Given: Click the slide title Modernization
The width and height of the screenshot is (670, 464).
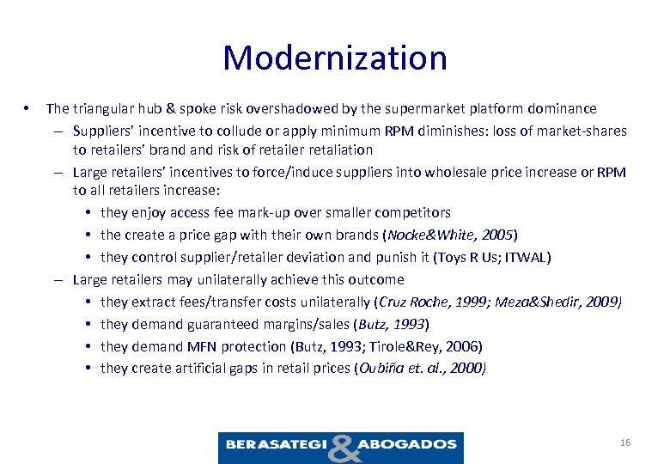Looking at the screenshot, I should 335,58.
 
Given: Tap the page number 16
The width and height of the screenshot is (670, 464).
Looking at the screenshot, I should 624,443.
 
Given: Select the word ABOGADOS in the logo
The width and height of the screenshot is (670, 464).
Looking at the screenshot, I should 407,444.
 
